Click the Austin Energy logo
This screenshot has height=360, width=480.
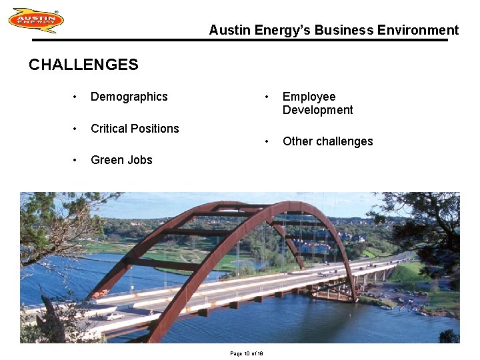36,20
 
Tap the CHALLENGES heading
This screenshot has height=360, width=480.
83,65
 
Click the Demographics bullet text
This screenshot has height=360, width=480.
129,97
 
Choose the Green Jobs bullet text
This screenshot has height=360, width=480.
121,160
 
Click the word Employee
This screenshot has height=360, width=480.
309,97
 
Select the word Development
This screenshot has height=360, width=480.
317,110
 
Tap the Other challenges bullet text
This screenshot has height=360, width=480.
327,141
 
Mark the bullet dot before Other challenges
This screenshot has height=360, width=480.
267,142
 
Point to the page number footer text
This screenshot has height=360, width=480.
247,353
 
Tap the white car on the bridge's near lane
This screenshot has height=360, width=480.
115,315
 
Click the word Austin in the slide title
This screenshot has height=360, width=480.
227,30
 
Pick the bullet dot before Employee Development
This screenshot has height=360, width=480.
267,97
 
